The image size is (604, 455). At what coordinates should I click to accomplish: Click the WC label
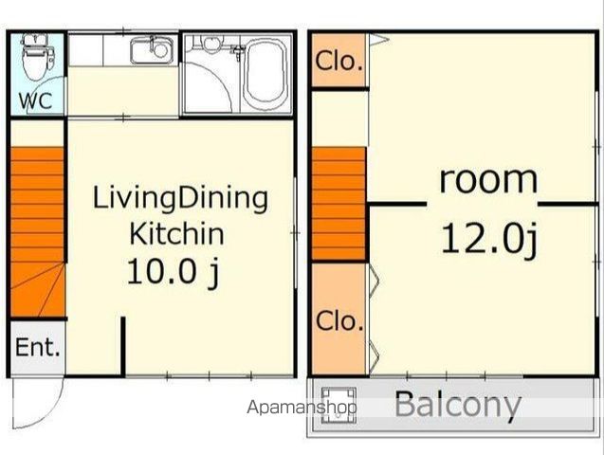[36, 100]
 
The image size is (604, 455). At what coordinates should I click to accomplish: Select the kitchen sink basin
[152, 50]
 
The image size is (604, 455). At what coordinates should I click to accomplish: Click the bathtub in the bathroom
[265, 72]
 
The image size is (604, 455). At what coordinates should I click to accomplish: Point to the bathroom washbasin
[210, 43]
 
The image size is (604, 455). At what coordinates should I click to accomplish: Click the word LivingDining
[180, 199]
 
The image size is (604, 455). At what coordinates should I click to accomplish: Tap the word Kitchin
[176, 233]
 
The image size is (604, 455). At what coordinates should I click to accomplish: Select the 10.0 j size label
[173, 271]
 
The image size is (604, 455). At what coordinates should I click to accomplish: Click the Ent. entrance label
[38, 347]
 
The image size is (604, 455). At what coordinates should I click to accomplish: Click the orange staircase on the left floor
[37, 231]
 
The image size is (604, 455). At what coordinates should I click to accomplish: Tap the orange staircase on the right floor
[339, 203]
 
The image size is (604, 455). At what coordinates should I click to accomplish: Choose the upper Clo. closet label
[339, 62]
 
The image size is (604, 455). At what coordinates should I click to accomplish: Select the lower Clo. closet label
[339, 321]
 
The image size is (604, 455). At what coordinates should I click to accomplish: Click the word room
[488, 179]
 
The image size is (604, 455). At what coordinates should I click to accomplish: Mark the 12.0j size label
[489, 240]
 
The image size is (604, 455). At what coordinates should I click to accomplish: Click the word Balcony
[458, 405]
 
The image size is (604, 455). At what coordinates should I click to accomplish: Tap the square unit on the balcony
[339, 405]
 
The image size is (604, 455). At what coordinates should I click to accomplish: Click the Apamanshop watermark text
[302, 408]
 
